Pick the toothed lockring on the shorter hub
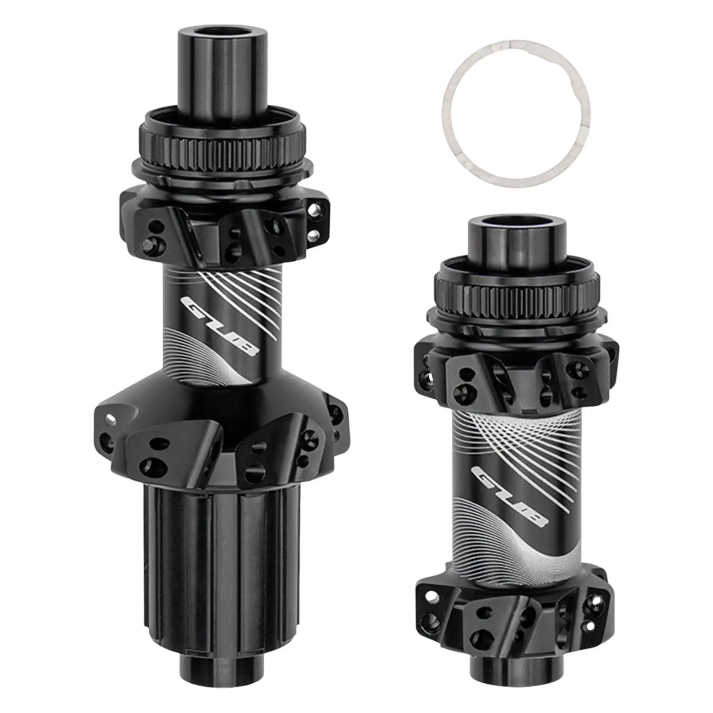pos(517,290)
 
